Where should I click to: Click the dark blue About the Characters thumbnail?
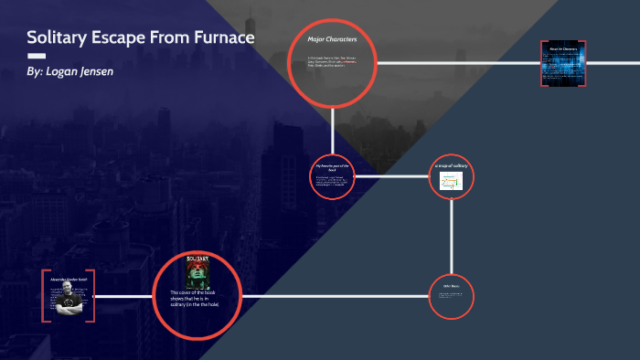(558, 63)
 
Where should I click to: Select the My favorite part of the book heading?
(332, 167)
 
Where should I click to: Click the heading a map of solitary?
(451, 164)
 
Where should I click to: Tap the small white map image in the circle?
(451, 181)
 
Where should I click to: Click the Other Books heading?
(451, 286)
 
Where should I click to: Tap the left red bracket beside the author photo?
(44, 295)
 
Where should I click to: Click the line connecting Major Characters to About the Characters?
(457, 62)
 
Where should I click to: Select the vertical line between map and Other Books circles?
(451, 238)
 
